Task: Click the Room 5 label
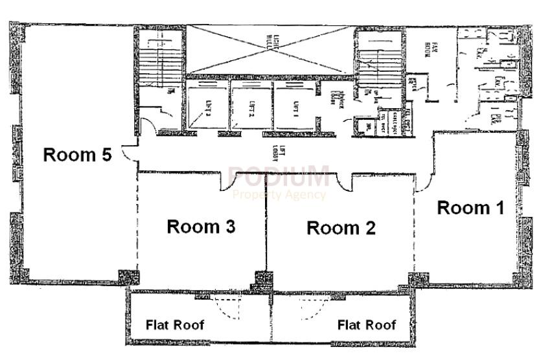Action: pyautogui.click(x=77, y=155)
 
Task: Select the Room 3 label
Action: pyautogui.click(x=201, y=227)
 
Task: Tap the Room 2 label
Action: pyautogui.click(x=341, y=228)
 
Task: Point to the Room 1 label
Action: pyautogui.click(x=470, y=208)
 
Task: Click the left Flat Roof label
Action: pyautogui.click(x=174, y=324)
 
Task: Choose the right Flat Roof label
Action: pyautogui.click(x=366, y=324)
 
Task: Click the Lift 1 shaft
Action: pyautogui.click(x=295, y=106)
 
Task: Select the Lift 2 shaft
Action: pyautogui.click(x=251, y=106)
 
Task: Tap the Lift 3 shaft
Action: pyautogui.click(x=207, y=106)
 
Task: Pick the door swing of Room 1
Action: pyautogui.click(x=423, y=184)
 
